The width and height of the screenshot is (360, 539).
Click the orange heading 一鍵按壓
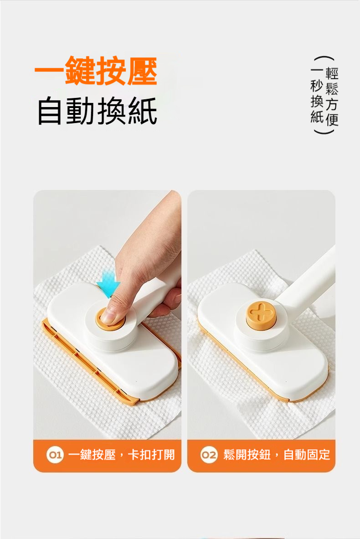96,71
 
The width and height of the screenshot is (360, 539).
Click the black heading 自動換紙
98,111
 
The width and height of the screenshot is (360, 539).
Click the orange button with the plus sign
261,314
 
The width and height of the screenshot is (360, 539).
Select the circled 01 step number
55,455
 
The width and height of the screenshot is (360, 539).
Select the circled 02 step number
209,455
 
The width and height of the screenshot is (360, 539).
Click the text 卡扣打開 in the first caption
151,455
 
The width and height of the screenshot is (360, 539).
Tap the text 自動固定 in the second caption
306,455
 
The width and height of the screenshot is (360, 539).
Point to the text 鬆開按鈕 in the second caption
247,455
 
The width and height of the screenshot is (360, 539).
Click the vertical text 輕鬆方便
332,96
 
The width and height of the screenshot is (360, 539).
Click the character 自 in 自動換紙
51,111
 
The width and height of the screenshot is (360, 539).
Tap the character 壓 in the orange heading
142,71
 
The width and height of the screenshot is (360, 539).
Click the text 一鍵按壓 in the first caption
92,455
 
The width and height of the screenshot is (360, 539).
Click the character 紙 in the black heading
143,111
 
